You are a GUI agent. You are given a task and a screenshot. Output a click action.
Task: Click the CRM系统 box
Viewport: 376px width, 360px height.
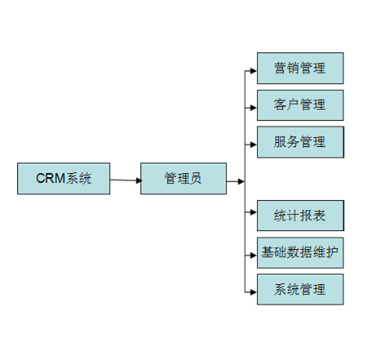click(x=64, y=178)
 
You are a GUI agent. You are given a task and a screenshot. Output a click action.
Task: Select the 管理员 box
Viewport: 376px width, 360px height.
click(x=183, y=178)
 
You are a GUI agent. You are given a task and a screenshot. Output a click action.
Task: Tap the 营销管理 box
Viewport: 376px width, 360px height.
click(x=299, y=69)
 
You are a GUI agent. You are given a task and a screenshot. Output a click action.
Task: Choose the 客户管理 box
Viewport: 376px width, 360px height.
click(x=299, y=105)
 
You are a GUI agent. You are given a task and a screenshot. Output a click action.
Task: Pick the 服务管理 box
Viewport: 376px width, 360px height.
click(x=299, y=142)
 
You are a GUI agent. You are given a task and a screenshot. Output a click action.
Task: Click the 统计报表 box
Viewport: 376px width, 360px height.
click(x=299, y=216)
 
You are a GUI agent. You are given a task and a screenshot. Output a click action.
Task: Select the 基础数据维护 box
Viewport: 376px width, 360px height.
click(x=299, y=252)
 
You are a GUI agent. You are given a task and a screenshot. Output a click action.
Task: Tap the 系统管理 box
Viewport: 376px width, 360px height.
click(x=299, y=289)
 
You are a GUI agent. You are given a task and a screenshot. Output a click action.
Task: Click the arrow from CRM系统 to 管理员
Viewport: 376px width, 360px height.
click(x=126, y=180)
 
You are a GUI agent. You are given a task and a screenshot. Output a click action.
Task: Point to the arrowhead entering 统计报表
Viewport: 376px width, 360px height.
click(x=253, y=216)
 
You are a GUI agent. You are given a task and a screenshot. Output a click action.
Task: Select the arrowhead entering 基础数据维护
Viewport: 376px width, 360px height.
click(x=253, y=253)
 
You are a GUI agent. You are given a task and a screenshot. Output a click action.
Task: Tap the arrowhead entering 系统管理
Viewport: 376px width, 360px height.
click(x=253, y=290)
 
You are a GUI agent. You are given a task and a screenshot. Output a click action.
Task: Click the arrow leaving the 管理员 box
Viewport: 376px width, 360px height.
click(x=235, y=180)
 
